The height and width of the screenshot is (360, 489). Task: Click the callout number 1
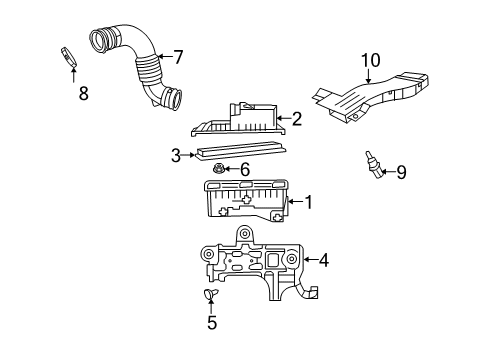tap(308, 203)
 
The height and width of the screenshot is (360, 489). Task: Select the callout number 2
tap(296, 119)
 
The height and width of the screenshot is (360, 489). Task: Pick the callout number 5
tap(211, 322)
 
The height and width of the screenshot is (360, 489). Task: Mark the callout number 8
tap(83, 94)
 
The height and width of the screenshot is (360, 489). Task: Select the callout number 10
tap(371, 61)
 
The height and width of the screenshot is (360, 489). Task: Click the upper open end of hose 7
tap(102, 40)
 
